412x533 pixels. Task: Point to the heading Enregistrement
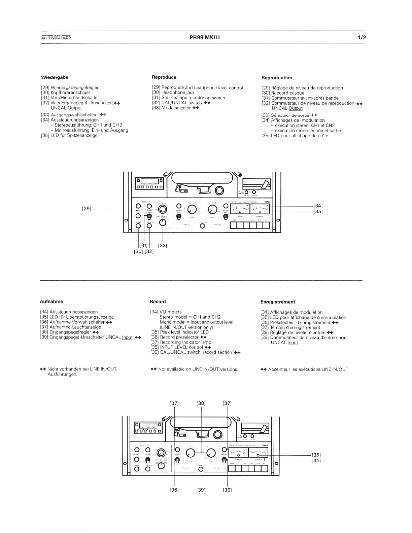click(x=278, y=302)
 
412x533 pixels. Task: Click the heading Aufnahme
click(x=52, y=301)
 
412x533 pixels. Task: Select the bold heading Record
click(x=158, y=301)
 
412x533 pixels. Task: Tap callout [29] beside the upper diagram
click(x=87, y=209)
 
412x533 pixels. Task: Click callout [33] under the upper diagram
click(x=163, y=246)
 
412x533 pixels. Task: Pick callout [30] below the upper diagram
click(x=139, y=251)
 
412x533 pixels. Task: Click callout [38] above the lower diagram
click(x=201, y=403)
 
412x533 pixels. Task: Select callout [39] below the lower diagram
click(x=201, y=490)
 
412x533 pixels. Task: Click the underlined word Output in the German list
click(x=75, y=108)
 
